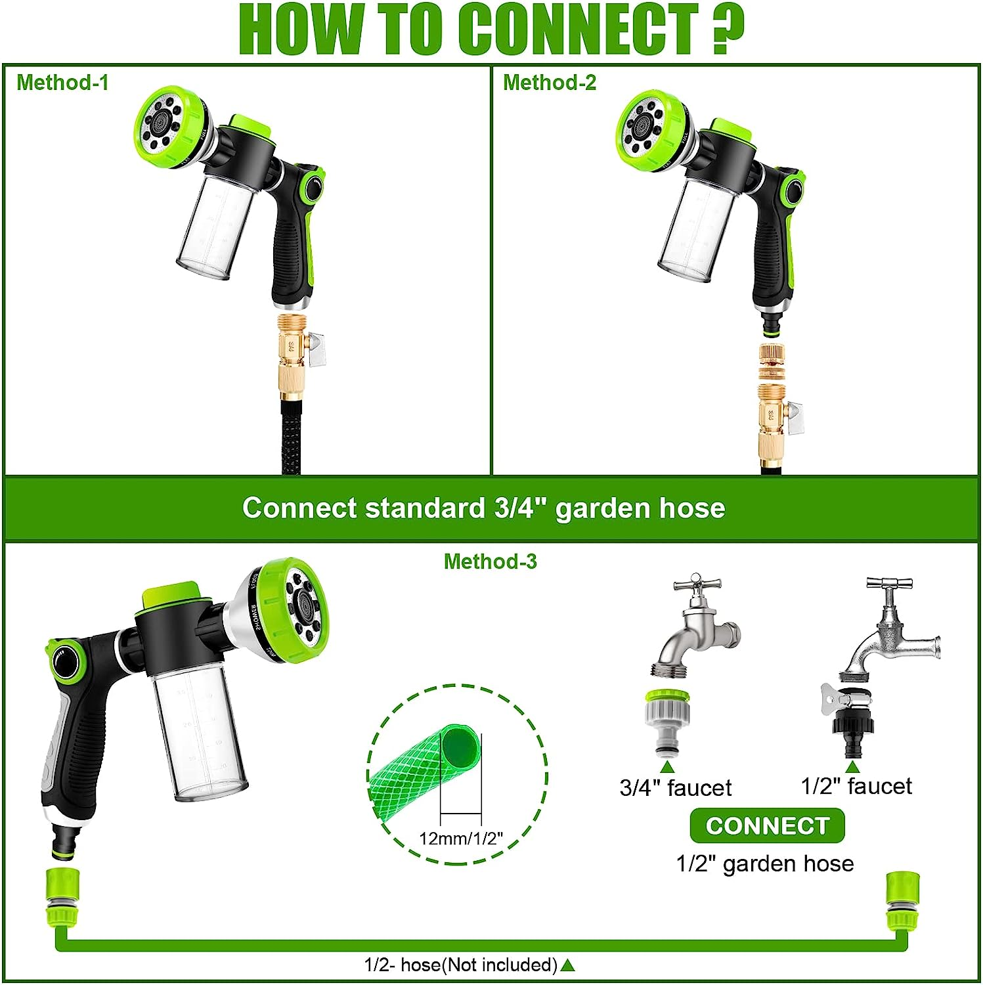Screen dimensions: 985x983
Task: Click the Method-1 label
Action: point(62,83)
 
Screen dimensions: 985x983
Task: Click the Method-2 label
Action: point(549,83)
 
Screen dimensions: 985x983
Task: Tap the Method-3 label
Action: point(490,561)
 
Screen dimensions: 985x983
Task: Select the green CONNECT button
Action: point(766,825)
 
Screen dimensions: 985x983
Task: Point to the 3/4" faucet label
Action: point(675,787)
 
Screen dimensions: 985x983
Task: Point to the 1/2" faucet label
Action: point(856,786)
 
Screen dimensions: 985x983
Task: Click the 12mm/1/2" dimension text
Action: point(461,839)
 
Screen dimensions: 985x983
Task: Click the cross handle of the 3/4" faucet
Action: point(697,584)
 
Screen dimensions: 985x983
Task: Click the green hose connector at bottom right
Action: point(902,900)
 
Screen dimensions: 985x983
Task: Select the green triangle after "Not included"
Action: point(568,965)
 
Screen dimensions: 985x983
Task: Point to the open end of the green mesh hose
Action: point(460,747)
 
